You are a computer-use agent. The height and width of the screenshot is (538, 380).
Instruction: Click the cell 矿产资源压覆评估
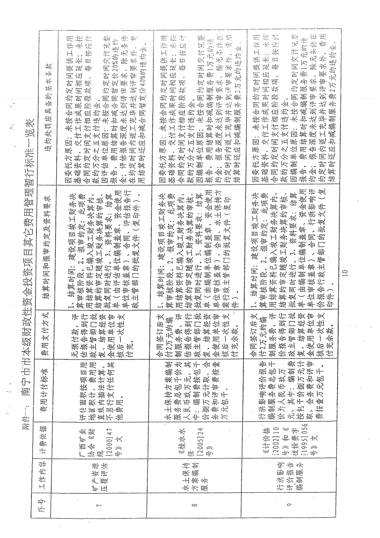[x=96, y=466]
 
